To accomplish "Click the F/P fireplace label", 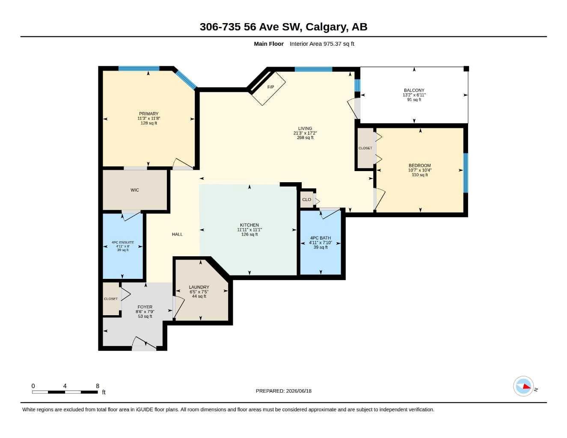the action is [x=270, y=87].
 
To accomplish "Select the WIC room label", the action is [x=135, y=190].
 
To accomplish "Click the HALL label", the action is [x=177, y=234].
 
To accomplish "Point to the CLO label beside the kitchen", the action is [x=306, y=199].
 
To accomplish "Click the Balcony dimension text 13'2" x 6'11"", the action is [x=414, y=95].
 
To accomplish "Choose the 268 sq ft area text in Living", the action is [x=305, y=138].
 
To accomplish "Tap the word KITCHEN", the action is [x=249, y=225].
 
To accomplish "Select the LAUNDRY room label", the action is [x=199, y=287].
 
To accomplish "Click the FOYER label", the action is [x=145, y=307].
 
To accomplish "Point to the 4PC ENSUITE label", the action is [x=123, y=243].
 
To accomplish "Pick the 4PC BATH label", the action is [x=321, y=238].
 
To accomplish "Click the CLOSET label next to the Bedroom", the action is [x=365, y=148].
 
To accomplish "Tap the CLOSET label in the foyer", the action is [x=111, y=299].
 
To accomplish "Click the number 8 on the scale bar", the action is [x=98, y=386].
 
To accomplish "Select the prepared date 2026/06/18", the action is [x=299, y=391].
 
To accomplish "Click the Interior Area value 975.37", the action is [x=332, y=44].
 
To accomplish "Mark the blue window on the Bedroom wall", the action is [x=466, y=173].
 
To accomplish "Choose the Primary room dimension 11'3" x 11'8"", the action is [x=149, y=118].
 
